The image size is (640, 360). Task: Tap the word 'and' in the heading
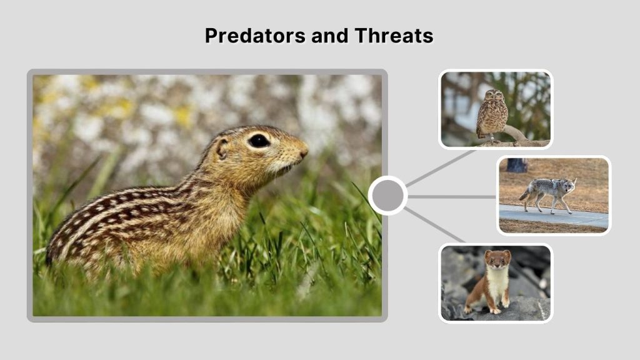(x=329, y=36)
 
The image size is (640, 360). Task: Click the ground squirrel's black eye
(x=258, y=141)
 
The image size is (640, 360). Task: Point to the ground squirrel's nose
(x=304, y=151)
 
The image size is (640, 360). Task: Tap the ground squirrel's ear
(x=222, y=147)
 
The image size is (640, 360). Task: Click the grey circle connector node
(x=387, y=196)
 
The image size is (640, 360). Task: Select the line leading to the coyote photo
(x=451, y=196)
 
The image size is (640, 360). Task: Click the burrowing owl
(x=492, y=114)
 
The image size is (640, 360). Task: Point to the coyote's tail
(x=524, y=194)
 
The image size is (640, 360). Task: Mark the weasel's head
(x=499, y=258)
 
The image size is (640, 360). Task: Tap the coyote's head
(x=569, y=184)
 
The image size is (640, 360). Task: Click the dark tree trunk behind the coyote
(x=516, y=165)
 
